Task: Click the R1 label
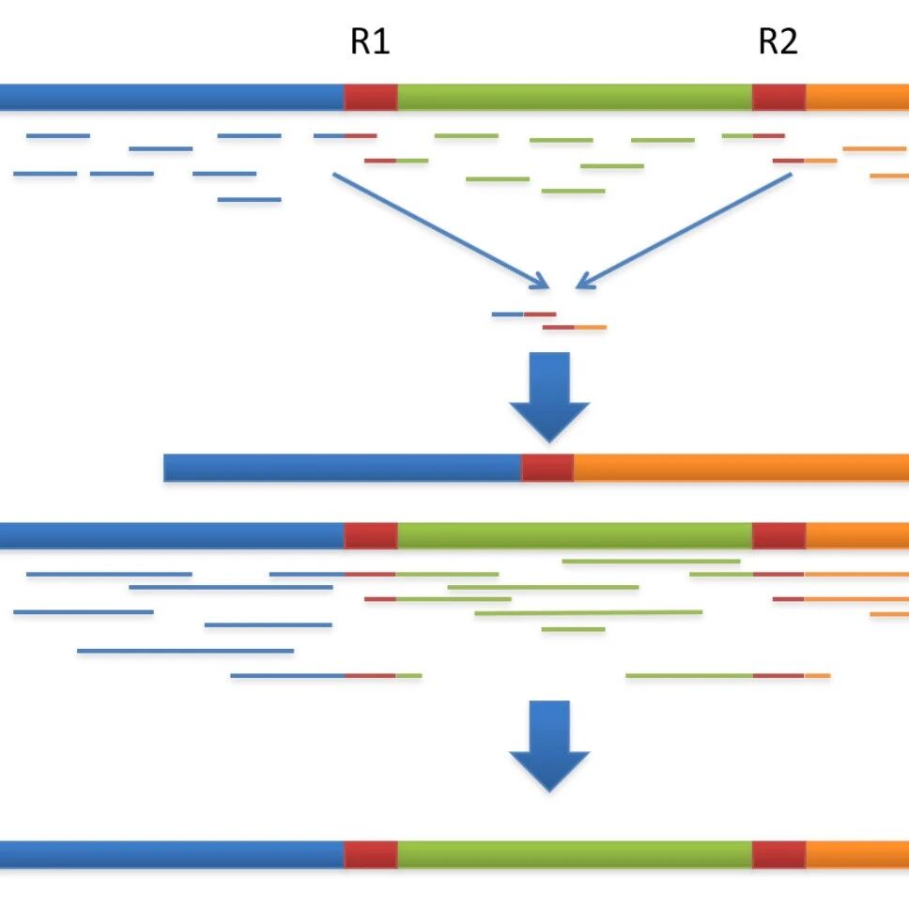[370, 41]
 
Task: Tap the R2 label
[778, 41]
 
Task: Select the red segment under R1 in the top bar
[371, 97]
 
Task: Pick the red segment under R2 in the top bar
[779, 97]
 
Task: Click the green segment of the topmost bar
[575, 97]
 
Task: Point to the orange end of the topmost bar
[857, 97]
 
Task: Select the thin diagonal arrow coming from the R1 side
[440, 230]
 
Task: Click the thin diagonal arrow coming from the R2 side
[684, 230]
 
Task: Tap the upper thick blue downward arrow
[549, 397]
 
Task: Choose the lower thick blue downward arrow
[549, 747]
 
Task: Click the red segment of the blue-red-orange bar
[547, 468]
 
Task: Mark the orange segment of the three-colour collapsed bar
[742, 468]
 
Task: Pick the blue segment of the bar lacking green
[343, 468]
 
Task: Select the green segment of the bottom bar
[575, 855]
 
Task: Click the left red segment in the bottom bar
[371, 855]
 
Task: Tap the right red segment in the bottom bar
[779, 855]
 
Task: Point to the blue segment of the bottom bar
[172, 855]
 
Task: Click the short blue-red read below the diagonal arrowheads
[524, 315]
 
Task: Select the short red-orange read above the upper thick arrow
[575, 328]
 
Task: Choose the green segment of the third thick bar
[575, 535]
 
